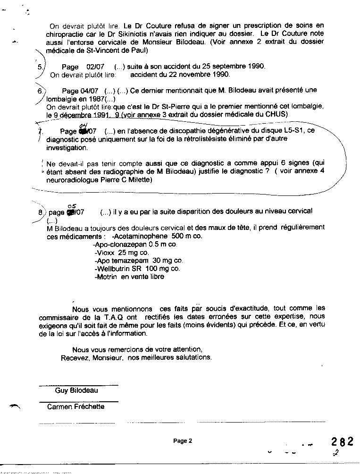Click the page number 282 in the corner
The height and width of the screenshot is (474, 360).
pyautogui.click(x=342, y=441)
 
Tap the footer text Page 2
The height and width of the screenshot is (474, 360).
pyautogui.click(x=183, y=441)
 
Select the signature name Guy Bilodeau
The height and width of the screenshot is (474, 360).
pyautogui.click(x=76, y=390)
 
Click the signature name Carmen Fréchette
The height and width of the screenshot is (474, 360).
pyautogui.click(x=75, y=406)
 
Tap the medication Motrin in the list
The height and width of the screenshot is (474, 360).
pyautogui.click(x=107, y=277)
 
